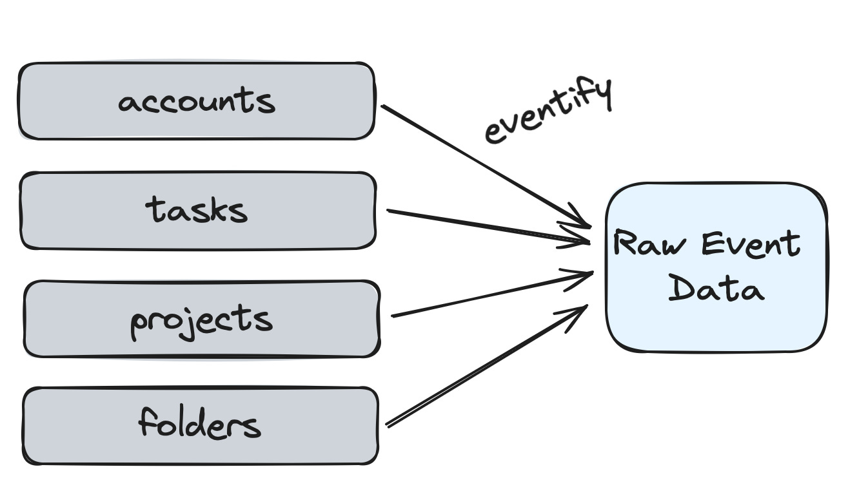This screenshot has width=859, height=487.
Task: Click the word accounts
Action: coord(197,100)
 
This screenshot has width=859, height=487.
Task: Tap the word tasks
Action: coord(196,209)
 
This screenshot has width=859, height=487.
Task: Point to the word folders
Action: coord(199,423)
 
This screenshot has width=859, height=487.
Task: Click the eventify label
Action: coord(548,110)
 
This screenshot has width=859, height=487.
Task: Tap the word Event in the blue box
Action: coord(751,243)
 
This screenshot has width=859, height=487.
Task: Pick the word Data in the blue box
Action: coord(716,288)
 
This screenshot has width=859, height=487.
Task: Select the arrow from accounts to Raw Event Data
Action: coord(486,167)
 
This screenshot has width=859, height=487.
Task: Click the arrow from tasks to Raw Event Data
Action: coord(488,226)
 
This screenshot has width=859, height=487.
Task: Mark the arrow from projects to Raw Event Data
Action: coord(493,294)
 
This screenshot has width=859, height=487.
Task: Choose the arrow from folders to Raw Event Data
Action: coord(487,366)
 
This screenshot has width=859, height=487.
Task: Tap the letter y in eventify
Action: coord(603,94)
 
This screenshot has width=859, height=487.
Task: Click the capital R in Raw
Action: coord(623,242)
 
